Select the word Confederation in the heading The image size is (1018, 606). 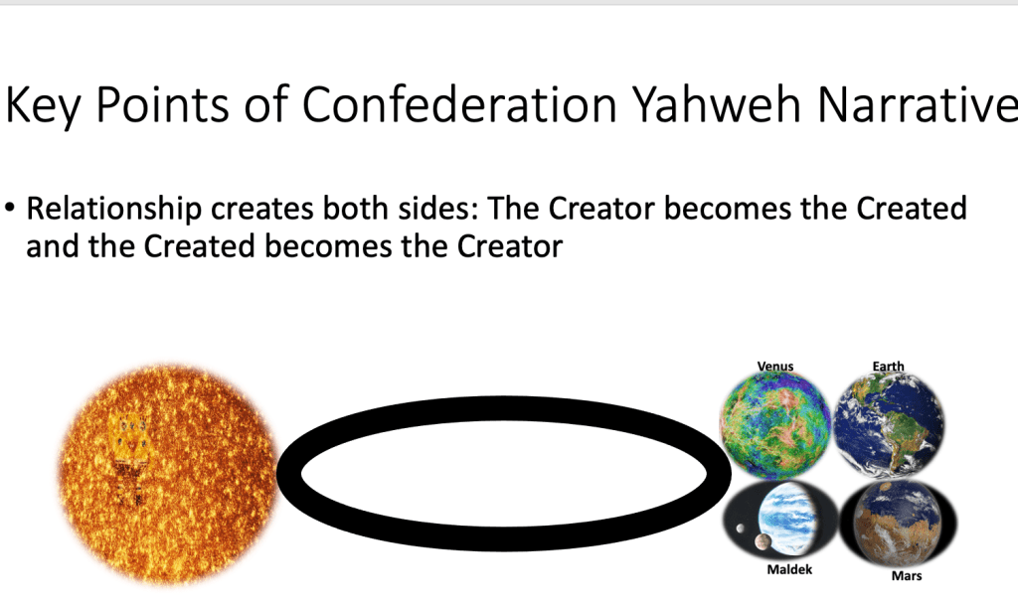(x=459, y=103)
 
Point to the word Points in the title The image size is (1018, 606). (x=162, y=103)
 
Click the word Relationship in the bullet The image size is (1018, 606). (x=114, y=210)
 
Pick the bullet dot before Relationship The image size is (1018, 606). (x=9, y=209)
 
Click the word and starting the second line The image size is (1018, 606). (x=54, y=246)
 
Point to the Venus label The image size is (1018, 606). (x=775, y=366)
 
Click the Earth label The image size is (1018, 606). (x=888, y=366)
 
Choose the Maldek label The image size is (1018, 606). (x=789, y=569)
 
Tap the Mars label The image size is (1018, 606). (x=907, y=575)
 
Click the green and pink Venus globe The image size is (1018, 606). (x=775, y=425)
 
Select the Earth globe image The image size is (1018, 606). (x=890, y=425)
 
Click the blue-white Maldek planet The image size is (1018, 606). (x=788, y=519)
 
